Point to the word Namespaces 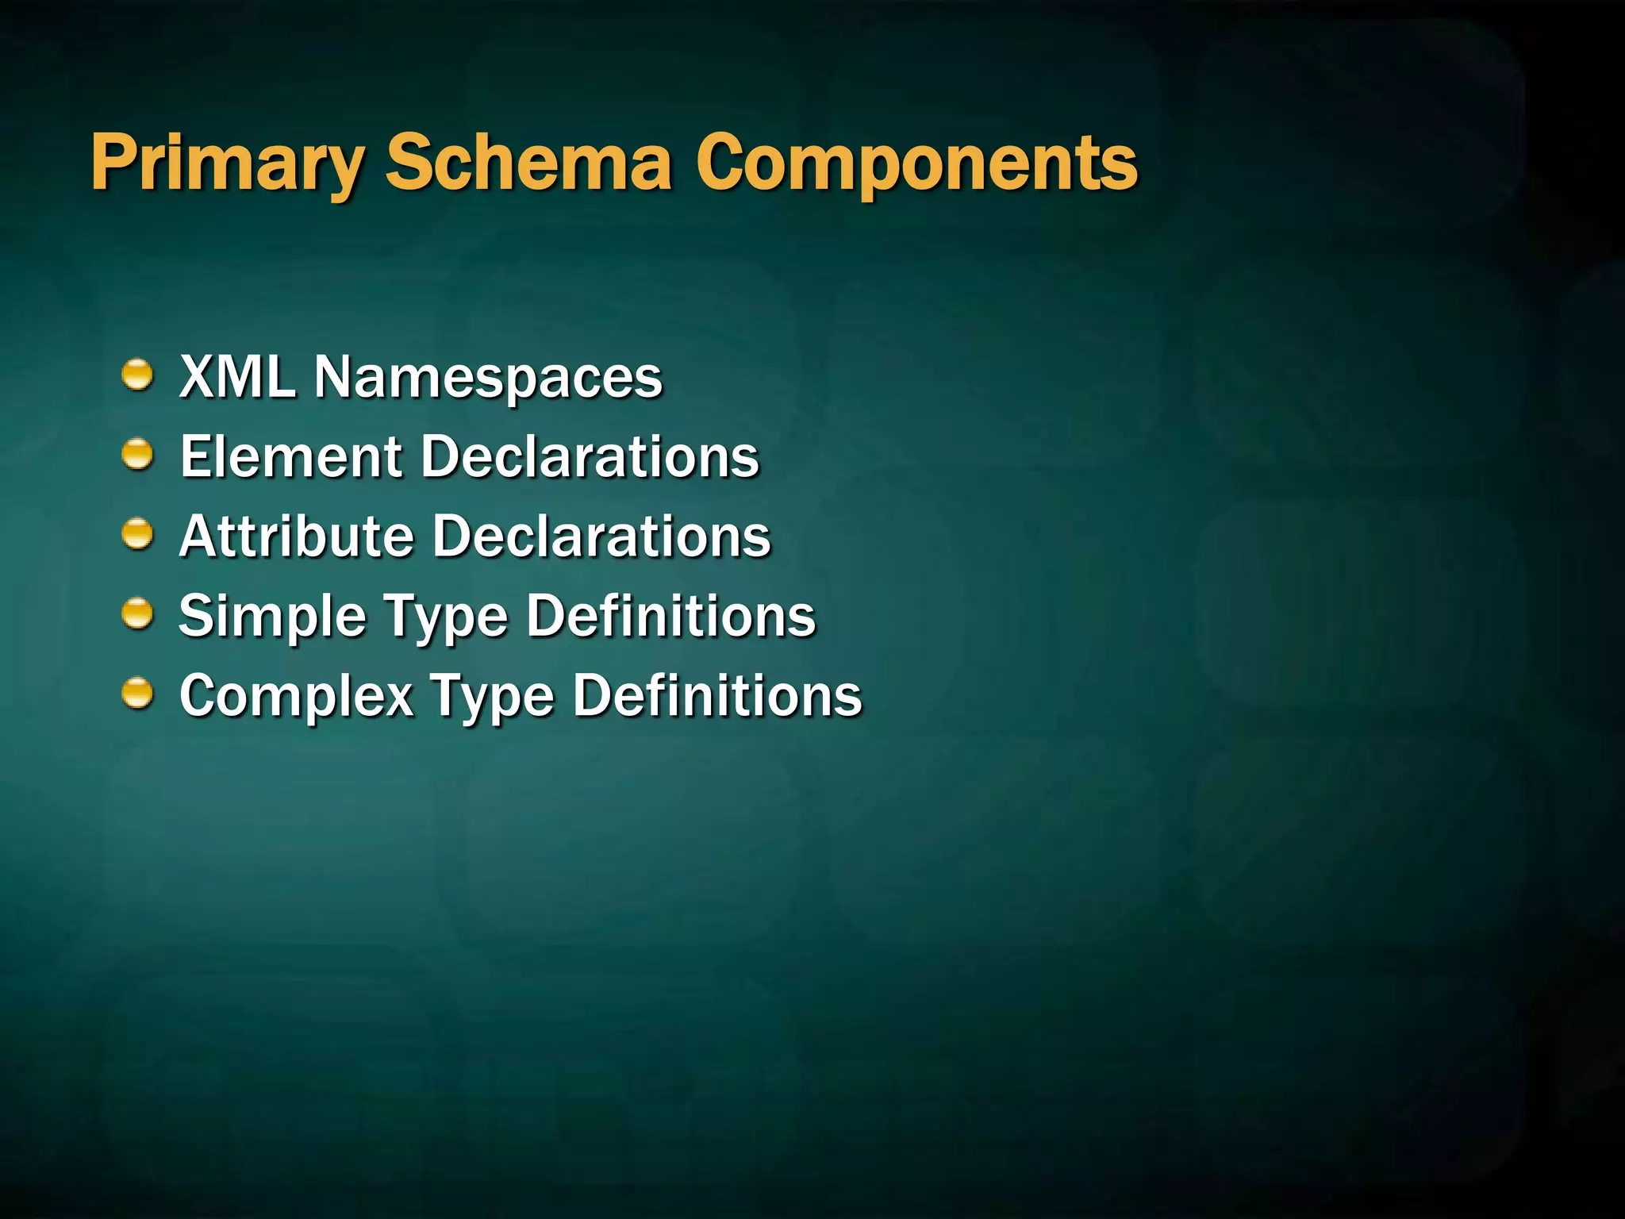coord(488,378)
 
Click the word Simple coord(272,617)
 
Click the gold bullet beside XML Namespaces coord(137,375)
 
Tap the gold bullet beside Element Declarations coord(137,455)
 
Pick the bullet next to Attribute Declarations coord(137,534)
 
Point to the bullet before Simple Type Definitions coord(137,614)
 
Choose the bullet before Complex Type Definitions coord(137,694)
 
